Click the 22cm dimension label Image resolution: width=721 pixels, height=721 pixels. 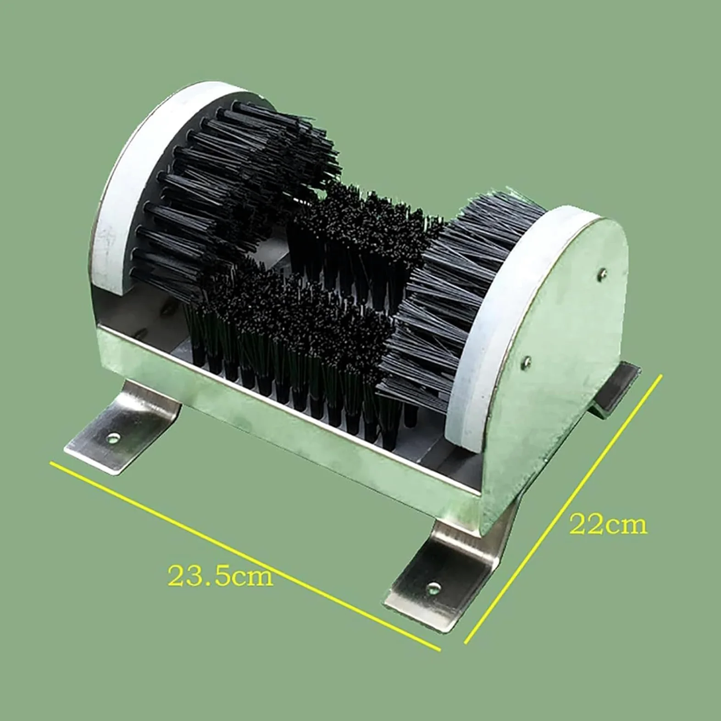tap(608, 524)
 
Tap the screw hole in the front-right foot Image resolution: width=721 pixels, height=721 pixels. tap(433, 587)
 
